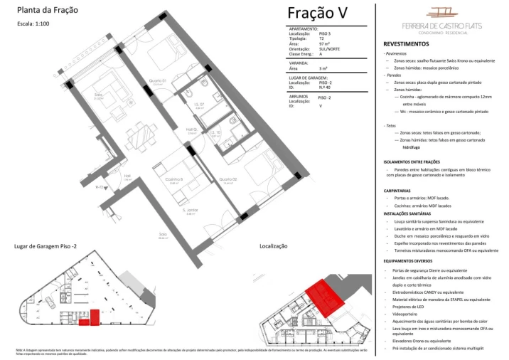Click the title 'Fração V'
pos(318,13)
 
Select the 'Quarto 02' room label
pos(228,180)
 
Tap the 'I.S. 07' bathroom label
pos(200,105)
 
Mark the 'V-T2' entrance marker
pos(101,187)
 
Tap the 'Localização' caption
pos(274,245)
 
